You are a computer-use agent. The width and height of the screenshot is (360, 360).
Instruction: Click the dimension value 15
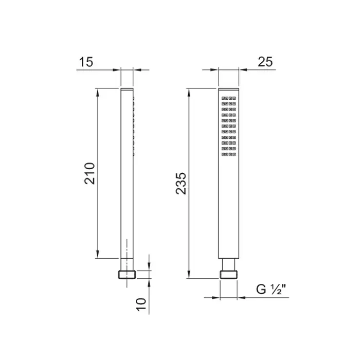coord(86,62)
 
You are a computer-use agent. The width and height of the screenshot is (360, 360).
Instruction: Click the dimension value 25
coord(265,62)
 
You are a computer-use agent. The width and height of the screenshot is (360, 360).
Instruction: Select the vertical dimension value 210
coord(89,173)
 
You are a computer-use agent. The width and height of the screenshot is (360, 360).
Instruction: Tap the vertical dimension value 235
coord(181,184)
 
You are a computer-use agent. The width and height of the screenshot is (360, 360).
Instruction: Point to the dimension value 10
coord(141,304)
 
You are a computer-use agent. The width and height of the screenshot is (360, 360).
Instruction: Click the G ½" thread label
coord(271,289)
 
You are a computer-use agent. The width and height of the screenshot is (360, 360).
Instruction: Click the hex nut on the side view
coord(127,275)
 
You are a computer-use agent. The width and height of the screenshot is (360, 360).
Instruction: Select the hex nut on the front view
coord(229,275)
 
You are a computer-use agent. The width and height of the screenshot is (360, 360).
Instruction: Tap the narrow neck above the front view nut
coord(229,264)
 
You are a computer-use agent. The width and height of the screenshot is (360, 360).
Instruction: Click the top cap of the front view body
coord(229,89)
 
